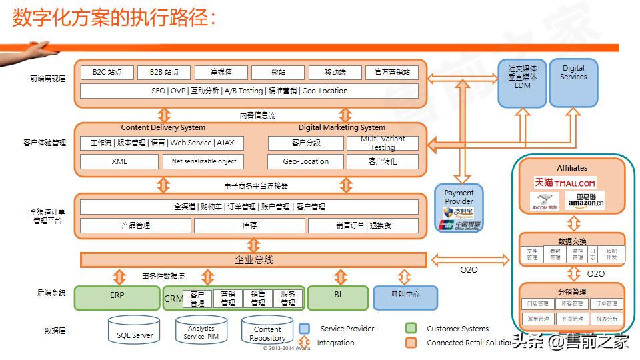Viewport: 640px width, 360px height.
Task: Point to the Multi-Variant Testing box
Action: click(x=382, y=143)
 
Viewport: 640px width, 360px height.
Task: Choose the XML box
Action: click(x=119, y=161)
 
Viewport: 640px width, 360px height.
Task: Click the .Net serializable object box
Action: click(x=203, y=161)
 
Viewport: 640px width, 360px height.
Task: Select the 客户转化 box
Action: click(x=382, y=161)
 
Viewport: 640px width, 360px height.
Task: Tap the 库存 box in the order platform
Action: click(x=250, y=225)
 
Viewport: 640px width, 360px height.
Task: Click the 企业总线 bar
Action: click(x=253, y=259)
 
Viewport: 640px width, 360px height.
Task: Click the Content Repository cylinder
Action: click(x=267, y=331)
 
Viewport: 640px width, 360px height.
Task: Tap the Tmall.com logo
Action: click(x=565, y=183)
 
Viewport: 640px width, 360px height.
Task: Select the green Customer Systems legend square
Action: click(x=411, y=329)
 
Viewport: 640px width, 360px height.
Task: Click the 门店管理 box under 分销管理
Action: click(x=538, y=304)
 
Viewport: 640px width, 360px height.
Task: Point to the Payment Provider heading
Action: click(x=459, y=197)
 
